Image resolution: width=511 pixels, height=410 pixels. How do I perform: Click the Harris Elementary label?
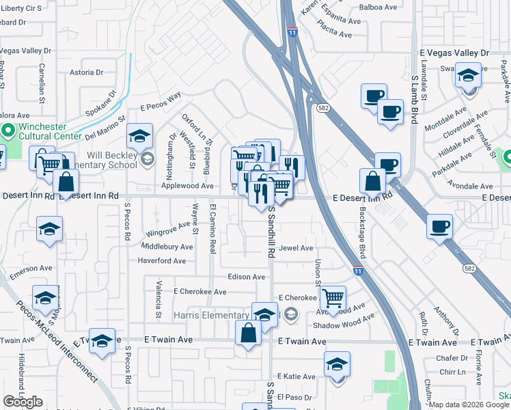(211, 315)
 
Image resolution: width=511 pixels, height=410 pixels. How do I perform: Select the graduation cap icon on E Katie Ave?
(337, 364)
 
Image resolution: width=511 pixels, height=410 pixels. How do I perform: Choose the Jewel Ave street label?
(296, 248)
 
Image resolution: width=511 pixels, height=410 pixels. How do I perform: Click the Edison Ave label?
(247, 277)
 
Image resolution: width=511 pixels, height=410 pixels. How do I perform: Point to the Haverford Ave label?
(161, 261)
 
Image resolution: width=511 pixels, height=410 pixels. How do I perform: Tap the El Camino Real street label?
(213, 229)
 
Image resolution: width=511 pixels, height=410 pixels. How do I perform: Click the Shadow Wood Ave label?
(344, 322)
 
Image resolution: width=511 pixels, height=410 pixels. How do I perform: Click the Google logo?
(23, 402)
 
